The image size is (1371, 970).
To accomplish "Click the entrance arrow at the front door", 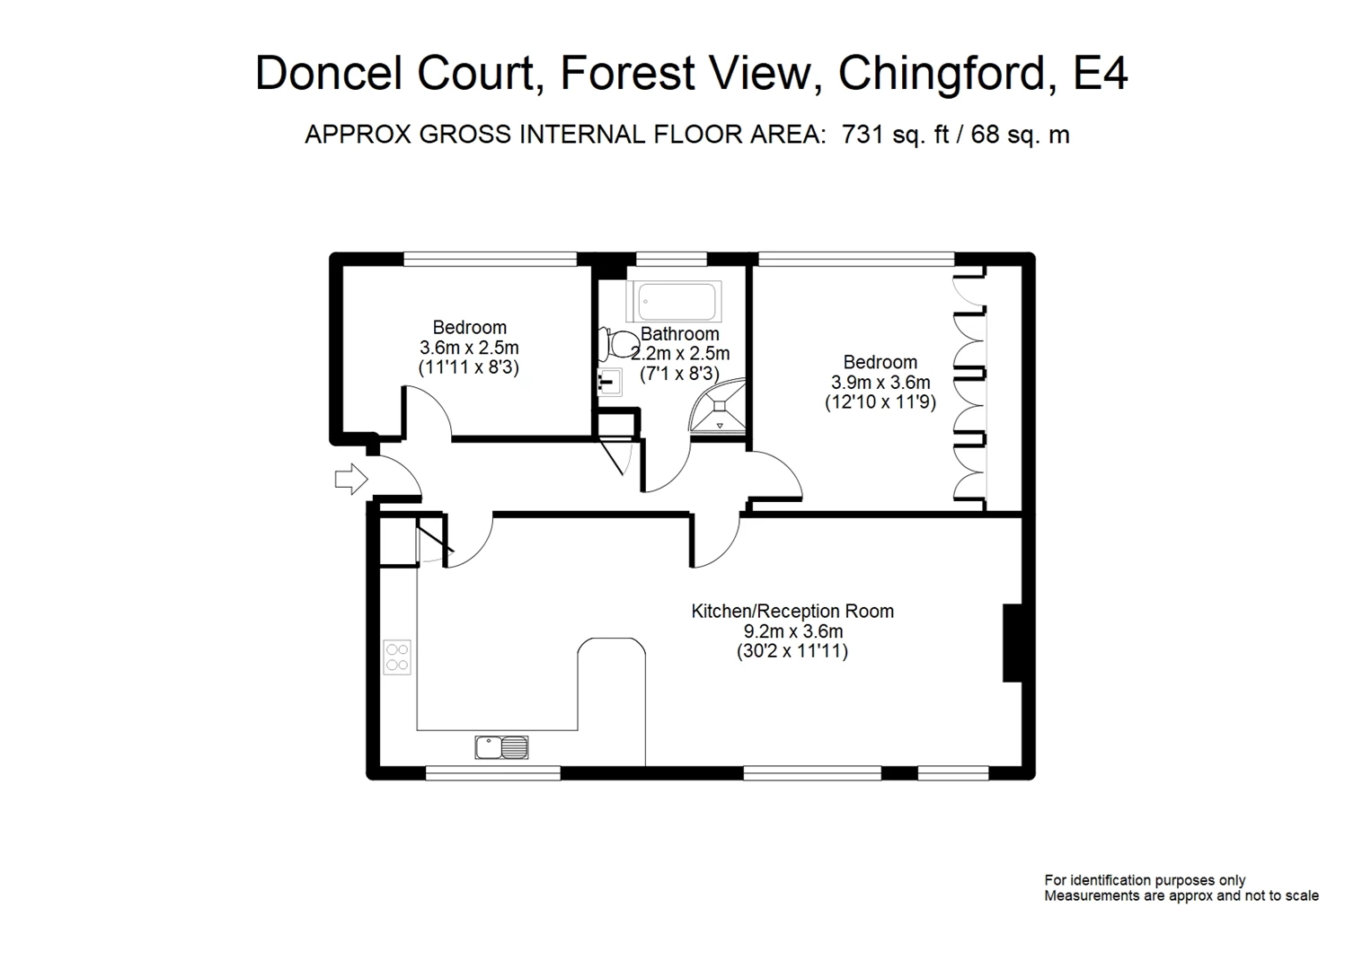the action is click(351, 479).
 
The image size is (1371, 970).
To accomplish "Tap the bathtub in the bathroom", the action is click(673, 301).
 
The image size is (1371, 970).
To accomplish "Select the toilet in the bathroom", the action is click(617, 344).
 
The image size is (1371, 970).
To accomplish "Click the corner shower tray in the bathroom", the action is click(720, 406).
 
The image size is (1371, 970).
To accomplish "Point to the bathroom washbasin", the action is click(610, 383).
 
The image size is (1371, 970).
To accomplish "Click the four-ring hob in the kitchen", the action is click(397, 657).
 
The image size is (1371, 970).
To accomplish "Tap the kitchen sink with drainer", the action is click(501, 747).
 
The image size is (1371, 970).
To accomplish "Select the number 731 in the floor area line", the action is click(862, 134).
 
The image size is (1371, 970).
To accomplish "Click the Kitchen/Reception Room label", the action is click(792, 611).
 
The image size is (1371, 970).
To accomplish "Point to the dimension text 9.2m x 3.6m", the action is click(793, 631).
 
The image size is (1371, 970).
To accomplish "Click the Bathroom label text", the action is click(679, 333).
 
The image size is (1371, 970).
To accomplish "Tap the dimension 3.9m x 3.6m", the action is click(880, 382).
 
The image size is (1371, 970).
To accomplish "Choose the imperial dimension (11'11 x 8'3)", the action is click(469, 367).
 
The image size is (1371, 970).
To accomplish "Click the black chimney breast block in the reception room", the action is click(1013, 642).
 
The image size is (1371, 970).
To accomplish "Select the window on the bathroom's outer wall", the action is click(671, 260).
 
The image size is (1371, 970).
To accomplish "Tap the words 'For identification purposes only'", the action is click(1145, 880).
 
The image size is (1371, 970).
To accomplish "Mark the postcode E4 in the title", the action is click(1100, 74).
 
